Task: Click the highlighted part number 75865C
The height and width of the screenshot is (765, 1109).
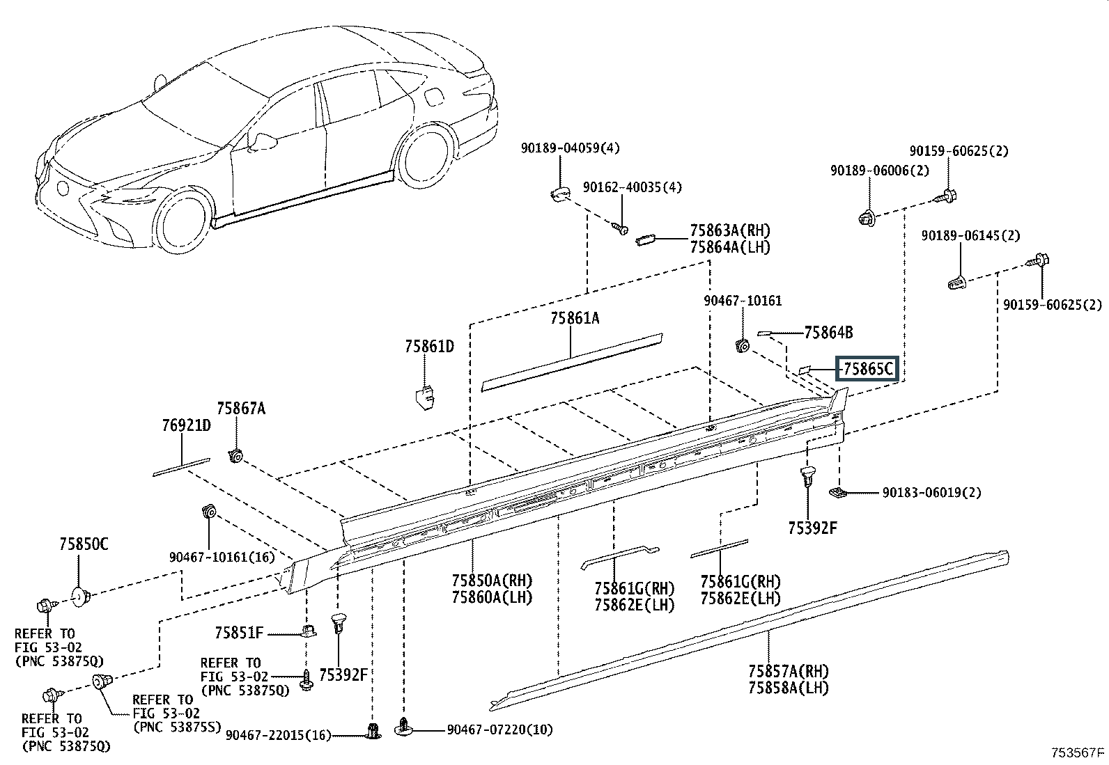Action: (x=868, y=369)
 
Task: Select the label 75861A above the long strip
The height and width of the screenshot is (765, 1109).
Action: (x=575, y=318)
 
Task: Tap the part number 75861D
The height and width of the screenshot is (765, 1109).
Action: (x=429, y=347)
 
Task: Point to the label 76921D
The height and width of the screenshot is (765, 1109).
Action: (x=187, y=425)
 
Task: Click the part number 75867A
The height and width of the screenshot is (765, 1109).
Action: (x=241, y=408)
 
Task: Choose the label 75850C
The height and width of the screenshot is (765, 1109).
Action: (x=84, y=544)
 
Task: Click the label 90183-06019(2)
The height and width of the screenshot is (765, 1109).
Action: (x=932, y=493)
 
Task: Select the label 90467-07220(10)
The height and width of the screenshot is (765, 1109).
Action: (x=499, y=729)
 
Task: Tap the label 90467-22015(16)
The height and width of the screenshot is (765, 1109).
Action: (x=278, y=735)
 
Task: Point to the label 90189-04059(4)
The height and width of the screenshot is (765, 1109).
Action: (x=571, y=148)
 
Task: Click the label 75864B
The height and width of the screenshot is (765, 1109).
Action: (x=829, y=333)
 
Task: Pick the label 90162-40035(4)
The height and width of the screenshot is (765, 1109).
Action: (x=633, y=187)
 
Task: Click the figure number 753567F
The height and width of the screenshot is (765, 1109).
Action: (x=1078, y=752)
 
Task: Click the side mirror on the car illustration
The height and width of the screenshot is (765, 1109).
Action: (x=263, y=141)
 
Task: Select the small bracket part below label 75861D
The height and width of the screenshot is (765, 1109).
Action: (x=425, y=398)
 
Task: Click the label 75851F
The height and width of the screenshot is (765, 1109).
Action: (x=239, y=632)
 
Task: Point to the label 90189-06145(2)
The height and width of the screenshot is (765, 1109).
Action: (x=971, y=235)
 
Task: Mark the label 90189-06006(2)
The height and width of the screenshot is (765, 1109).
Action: (x=880, y=171)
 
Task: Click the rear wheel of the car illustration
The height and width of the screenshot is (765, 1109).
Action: (x=426, y=155)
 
